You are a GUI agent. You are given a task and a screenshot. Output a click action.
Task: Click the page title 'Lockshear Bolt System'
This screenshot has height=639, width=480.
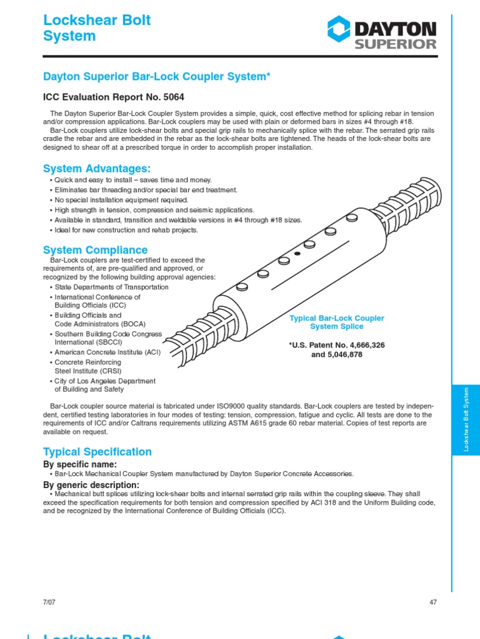click(x=97, y=28)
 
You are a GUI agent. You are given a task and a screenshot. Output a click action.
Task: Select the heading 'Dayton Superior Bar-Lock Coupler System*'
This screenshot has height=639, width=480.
click(x=156, y=76)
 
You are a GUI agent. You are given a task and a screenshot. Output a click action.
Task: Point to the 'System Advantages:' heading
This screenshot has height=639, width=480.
click(x=97, y=168)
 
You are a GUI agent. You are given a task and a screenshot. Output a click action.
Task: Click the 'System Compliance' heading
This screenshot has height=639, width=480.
click(x=95, y=250)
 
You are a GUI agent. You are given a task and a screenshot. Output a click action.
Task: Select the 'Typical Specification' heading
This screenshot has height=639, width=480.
click(x=97, y=452)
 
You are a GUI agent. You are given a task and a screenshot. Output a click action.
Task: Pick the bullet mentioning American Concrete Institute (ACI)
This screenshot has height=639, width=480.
click(x=107, y=352)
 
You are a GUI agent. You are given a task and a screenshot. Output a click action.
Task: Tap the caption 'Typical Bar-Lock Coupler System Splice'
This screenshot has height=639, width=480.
click(x=336, y=322)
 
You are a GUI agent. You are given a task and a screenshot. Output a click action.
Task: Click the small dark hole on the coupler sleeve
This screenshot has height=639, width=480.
click(x=297, y=254)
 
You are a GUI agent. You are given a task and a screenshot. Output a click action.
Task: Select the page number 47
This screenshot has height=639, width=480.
click(x=433, y=602)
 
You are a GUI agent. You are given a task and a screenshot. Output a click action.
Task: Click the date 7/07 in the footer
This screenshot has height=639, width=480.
click(x=49, y=602)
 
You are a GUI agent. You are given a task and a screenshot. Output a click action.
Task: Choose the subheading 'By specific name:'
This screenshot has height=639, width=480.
click(x=79, y=465)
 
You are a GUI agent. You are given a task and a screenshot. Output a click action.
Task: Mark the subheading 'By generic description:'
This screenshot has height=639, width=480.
click(x=91, y=485)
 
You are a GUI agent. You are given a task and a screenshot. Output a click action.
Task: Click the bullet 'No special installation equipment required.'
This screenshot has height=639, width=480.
click(x=121, y=200)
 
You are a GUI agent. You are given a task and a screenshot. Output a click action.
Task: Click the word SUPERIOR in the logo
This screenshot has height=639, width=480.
click(x=396, y=44)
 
